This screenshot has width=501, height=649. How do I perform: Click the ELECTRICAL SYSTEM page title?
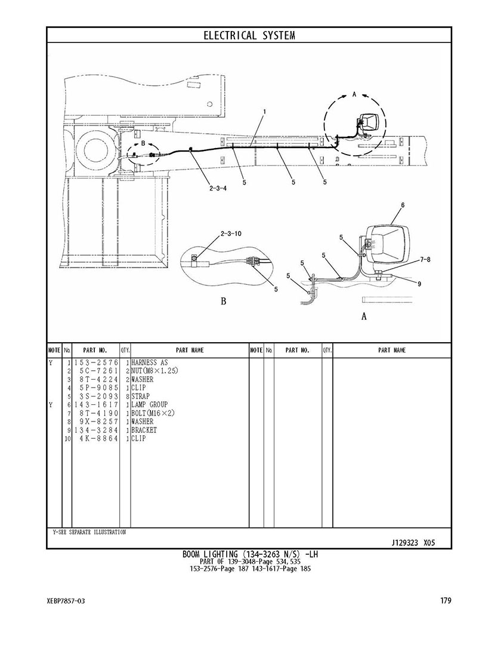tap(249, 36)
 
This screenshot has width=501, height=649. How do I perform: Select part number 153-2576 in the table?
tap(96, 363)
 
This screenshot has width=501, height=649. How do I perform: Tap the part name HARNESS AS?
tap(150, 362)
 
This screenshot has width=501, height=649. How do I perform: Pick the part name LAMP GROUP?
tap(150, 405)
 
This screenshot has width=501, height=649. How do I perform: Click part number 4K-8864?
tap(99, 438)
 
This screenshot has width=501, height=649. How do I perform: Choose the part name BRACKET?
tap(144, 430)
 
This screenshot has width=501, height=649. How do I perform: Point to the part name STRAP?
tap(141, 396)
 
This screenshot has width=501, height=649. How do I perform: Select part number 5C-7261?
tap(99, 371)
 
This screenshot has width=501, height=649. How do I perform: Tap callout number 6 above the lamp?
tap(403, 205)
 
